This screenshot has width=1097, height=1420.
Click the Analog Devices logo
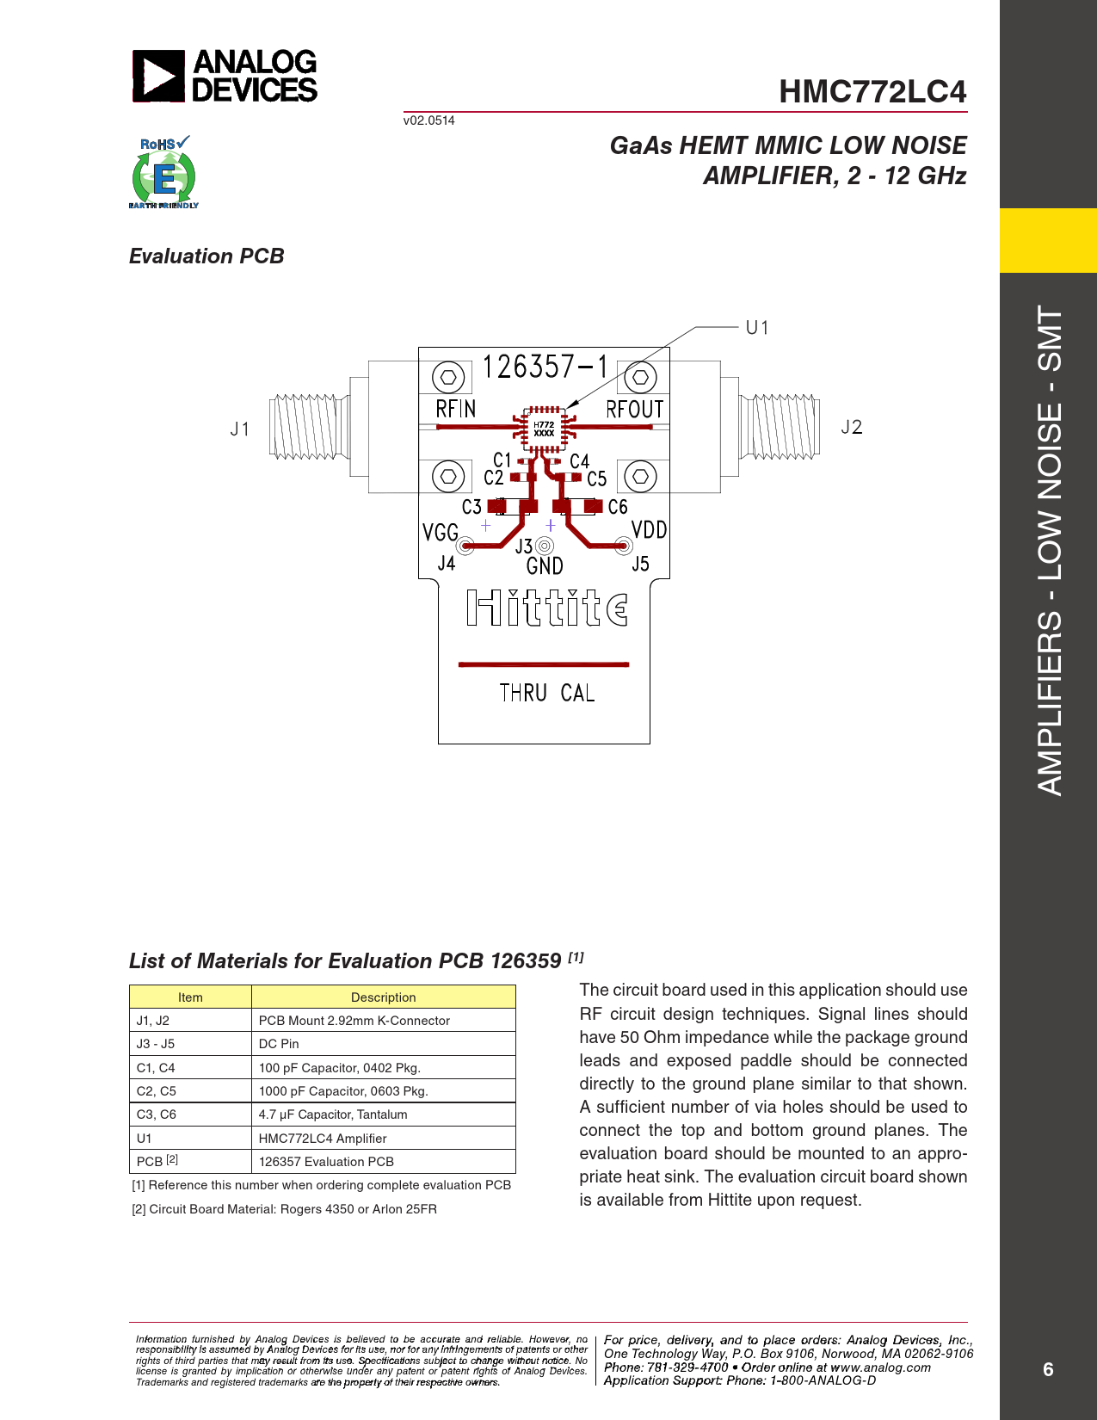[225, 76]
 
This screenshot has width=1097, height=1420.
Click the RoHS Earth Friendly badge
[163, 173]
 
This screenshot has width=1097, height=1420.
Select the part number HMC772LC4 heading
[872, 92]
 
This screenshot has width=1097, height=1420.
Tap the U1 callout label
[757, 328]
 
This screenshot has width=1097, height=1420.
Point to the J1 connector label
[240, 429]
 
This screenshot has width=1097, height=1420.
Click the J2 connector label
[851, 428]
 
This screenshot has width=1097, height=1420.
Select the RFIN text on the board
[455, 409]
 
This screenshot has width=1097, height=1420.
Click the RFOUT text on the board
[635, 410]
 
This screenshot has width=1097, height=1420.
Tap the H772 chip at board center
[544, 429]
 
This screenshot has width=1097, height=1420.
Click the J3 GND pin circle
[545, 546]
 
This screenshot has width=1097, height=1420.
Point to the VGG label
[440, 533]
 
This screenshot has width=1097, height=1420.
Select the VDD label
[649, 530]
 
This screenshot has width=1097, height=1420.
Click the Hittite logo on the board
[546, 608]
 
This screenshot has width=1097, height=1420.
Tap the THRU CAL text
[546, 694]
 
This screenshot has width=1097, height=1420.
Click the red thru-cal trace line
[544, 664]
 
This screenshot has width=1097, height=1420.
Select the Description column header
[383, 997]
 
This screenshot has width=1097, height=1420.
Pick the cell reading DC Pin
[279, 1044]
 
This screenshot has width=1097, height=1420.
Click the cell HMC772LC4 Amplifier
[323, 1139]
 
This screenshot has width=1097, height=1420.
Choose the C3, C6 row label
[157, 1114]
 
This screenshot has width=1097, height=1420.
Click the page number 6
[1047, 1369]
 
